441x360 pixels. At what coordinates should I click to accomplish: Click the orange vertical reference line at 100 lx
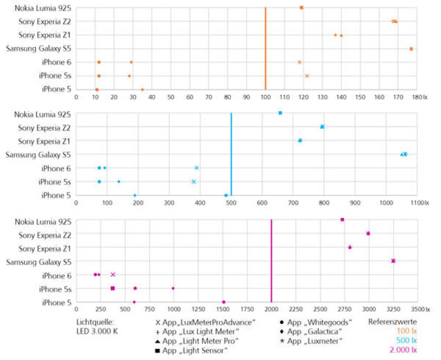tap(265, 49)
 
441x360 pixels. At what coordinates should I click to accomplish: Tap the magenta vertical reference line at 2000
tap(271, 261)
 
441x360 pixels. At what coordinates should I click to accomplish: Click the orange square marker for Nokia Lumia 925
tap(302, 8)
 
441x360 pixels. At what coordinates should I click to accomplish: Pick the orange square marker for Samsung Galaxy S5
tap(411, 49)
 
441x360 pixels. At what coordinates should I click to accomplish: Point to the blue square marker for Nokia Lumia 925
tap(280, 113)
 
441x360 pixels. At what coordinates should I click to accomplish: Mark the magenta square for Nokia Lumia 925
tap(343, 220)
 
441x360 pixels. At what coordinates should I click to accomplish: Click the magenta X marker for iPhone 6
tap(113, 275)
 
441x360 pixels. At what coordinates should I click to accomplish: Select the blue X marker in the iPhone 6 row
tap(197, 168)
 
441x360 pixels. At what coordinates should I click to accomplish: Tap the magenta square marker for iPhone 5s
tap(112, 289)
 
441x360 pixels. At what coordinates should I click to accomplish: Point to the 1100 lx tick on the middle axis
tap(417, 204)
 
